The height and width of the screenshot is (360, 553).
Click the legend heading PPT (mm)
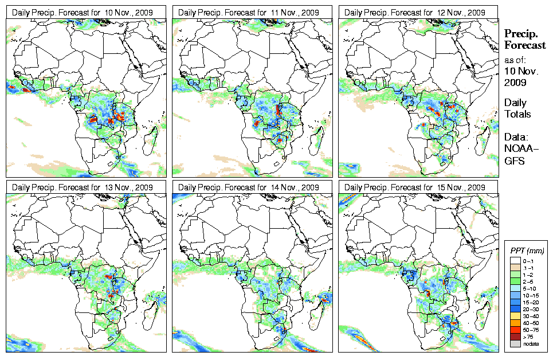point(527,251)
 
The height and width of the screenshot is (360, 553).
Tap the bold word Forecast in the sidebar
point(524,46)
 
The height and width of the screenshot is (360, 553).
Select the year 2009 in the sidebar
point(515,83)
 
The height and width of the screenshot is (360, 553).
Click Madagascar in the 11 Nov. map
point(319,137)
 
